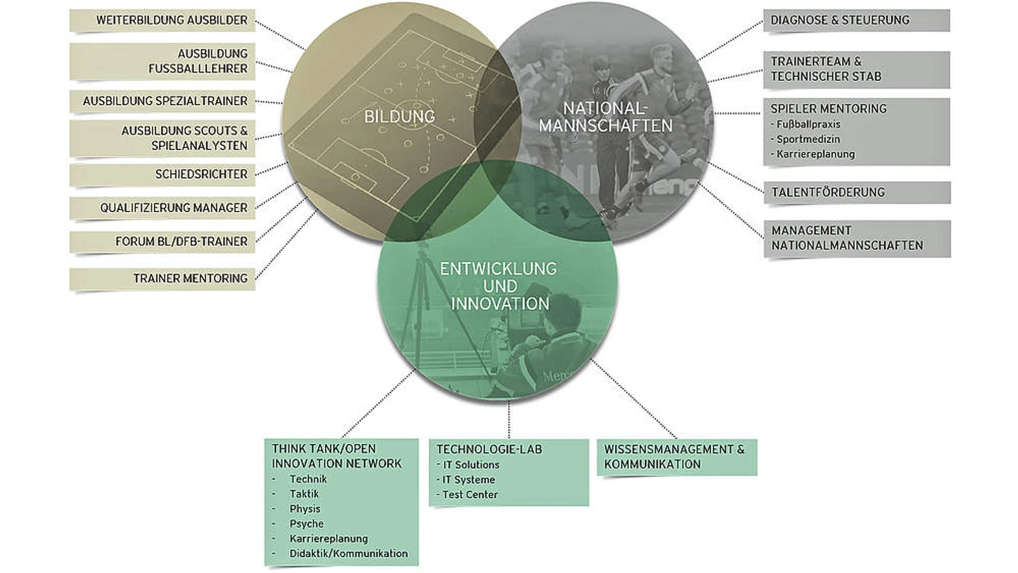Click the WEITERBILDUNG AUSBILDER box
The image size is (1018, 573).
162,20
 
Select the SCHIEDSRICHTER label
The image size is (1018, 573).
202,174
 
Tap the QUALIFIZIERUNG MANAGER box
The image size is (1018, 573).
162,208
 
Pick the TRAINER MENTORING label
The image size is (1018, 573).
190,278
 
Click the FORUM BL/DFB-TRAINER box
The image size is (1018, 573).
162,242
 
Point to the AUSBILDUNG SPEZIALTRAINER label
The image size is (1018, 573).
165,101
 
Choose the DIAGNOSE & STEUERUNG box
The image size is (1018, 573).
856,20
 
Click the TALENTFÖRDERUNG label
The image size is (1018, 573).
828,192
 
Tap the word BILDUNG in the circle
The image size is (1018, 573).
400,117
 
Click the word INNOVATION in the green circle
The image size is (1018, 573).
500,304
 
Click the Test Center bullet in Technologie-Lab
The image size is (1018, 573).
467,494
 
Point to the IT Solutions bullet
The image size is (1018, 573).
468,465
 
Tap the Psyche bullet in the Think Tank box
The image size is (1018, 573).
307,524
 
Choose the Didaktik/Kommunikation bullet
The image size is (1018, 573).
349,553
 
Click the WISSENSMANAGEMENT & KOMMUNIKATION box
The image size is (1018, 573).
677,457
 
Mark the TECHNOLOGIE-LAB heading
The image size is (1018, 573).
489,450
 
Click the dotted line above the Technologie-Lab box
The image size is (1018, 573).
509,419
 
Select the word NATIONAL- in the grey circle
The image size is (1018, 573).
605,108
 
